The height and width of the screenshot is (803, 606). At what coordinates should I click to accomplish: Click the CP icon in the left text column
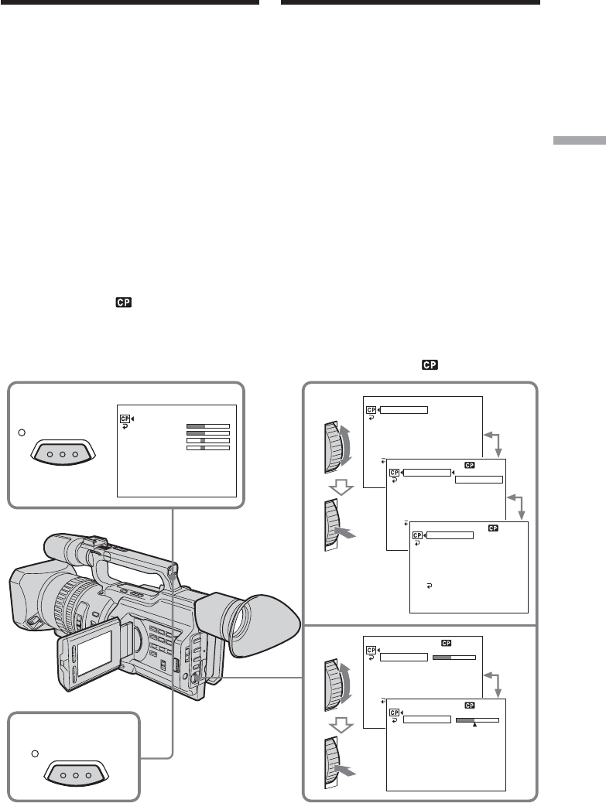click(124, 302)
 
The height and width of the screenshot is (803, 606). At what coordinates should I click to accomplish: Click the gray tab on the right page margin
click(580, 141)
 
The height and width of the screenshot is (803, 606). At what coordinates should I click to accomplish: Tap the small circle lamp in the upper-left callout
click(22, 432)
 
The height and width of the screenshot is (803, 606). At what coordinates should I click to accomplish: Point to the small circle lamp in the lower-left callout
click(35, 753)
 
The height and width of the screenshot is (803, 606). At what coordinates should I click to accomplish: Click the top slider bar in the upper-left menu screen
click(208, 426)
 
